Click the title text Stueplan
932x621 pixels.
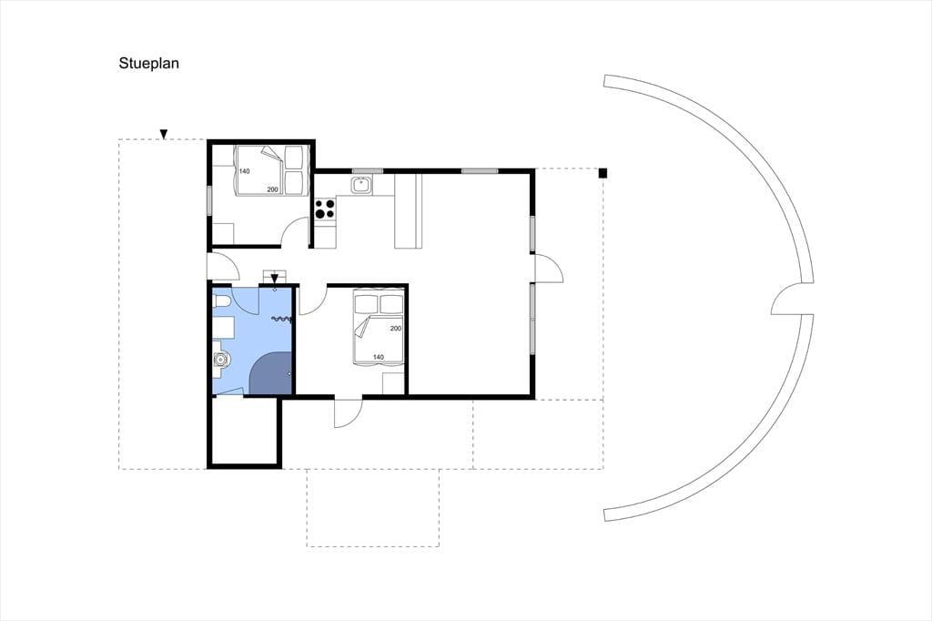pyautogui.click(x=148, y=64)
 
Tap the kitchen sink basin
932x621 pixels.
pyautogui.click(x=360, y=185)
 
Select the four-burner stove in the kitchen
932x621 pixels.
pyautogui.click(x=325, y=209)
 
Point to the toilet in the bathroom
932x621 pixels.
pyautogui.click(x=220, y=304)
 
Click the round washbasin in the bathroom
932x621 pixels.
pyautogui.click(x=221, y=360)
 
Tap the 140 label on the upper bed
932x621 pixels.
pyautogui.click(x=244, y=171)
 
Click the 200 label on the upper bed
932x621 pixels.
pyautogui.click(x=272, y=189)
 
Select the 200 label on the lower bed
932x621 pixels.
pyautogui.click(x=396, y=329)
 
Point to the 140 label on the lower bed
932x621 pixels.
pyautogui.click(x=378, y=358)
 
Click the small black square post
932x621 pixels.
pyautogui.click(x=603, y=173)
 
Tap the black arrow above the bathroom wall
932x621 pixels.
pyautogui.click(x=274, y=279)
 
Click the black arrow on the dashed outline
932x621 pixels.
pyautogui.click(x=164, y=135)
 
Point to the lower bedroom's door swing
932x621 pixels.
pyautogui.click(x=311, y=300)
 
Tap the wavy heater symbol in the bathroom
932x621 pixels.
pyautogui.click(x=282, y=320)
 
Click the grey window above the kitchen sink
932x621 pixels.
pyautogui.click(x=368, y=171)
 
